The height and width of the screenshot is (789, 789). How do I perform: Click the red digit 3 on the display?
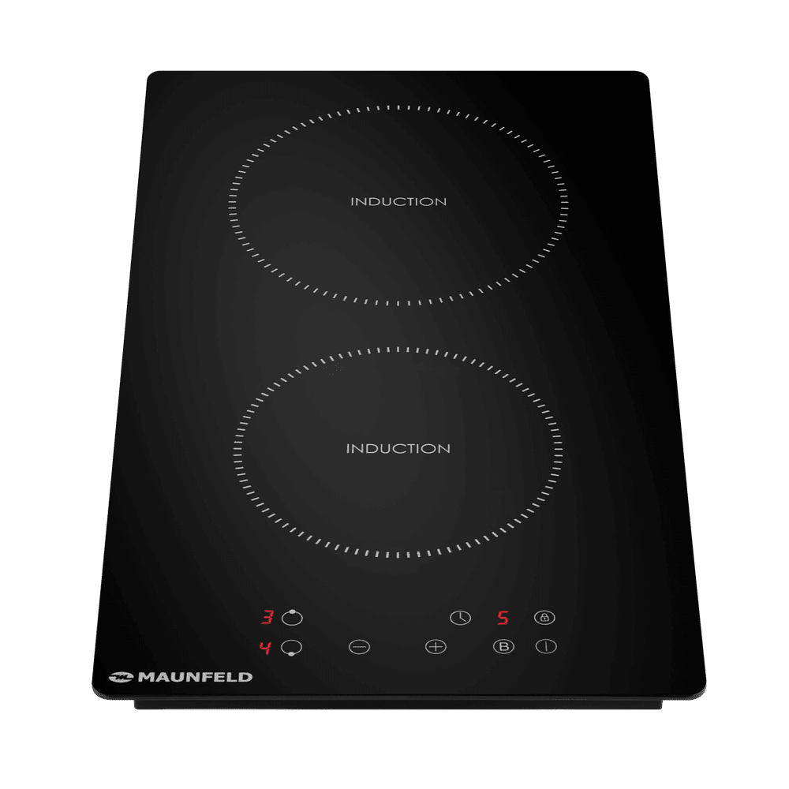click(267, 617)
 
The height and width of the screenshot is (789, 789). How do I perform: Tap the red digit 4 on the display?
click(264, 647)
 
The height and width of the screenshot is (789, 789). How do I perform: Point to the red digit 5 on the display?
click(503, 618)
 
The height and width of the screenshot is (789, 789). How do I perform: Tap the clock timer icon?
click(460, 618)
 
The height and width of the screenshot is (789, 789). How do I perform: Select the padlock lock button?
click(544, 618)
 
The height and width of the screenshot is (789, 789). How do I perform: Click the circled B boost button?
click(503, 647)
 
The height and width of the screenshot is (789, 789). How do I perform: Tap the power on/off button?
click(546, 646)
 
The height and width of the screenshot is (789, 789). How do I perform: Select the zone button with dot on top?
click(292, 618)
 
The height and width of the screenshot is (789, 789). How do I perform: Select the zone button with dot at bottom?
click(291, 647)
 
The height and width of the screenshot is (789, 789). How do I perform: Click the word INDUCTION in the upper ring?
click(398, 202)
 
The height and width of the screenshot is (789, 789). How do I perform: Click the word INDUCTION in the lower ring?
click(398, 448)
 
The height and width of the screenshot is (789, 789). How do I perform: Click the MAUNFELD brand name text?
click(195, 677)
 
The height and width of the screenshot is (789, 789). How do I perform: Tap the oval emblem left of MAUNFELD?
click(121, 678)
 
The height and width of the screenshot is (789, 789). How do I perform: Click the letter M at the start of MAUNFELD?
click(147, 677)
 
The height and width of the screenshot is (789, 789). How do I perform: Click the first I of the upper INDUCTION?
click(352, 202)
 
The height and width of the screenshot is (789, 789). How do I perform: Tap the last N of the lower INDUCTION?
click(444, 448)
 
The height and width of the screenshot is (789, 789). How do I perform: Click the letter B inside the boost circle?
click(503, 647)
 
